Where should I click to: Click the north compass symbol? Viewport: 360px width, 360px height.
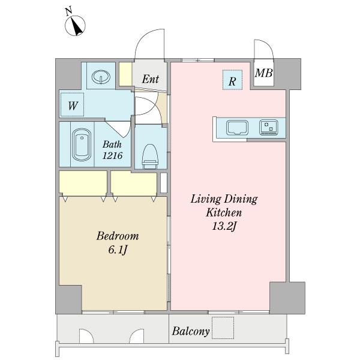click(x=76, y=26)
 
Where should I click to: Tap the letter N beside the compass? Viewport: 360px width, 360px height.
click(x=68, y=11)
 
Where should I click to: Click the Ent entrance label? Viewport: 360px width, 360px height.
click(x=151, y=79)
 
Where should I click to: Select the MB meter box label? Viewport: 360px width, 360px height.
click(x=264, y=73)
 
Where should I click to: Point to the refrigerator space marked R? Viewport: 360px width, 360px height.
click(x=232, y=80)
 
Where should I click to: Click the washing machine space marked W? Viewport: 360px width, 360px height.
click(x=72, y=104)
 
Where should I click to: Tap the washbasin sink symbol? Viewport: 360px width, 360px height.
click(x=101, y=76)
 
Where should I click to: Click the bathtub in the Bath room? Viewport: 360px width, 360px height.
click(x=82, y=145)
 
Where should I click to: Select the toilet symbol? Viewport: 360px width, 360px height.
click(x=150, y=157)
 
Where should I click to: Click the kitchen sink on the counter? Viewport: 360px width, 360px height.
click(x=237, y=128)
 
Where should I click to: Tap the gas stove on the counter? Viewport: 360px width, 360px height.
click(x=269, y=127)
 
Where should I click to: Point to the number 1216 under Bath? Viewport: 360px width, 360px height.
click(x=112, y=155)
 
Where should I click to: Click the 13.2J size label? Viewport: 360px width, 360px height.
click(x=224, y=227)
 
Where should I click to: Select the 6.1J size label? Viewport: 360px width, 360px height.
click(x=118, y=250)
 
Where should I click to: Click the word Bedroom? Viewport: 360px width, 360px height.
click(x=118, y=236)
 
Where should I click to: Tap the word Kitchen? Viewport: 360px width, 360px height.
click(x=224, y=212)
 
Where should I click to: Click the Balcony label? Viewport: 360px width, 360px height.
click(x=191, y=331)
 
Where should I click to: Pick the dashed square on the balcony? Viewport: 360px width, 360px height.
click(x=223, y=328)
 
